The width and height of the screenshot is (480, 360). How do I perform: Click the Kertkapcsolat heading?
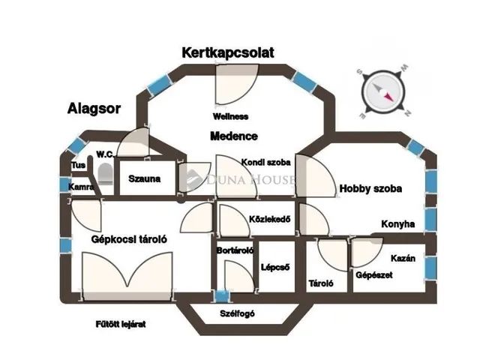(228, 52)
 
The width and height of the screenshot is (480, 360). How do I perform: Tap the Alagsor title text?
(93, 109)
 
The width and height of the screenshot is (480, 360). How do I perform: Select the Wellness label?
(230, 117)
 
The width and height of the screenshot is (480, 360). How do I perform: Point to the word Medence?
(233, 136)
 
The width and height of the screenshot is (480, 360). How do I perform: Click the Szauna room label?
(144, 180)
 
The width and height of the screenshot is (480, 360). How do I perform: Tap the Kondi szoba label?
(265, 161)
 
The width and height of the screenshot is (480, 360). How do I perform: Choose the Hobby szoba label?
(370, 189)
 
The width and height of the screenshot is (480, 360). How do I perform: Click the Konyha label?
(398, 223)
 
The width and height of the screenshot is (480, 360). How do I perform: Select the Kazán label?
(414, 259)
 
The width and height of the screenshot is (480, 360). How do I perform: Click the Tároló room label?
(321, 283)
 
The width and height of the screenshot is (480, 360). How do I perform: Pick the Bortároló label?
(235, 250)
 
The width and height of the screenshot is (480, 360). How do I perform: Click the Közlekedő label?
(268, 219)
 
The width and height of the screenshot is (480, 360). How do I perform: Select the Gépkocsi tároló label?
(128, 240)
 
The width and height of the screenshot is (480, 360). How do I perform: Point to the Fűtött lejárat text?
(120, 324)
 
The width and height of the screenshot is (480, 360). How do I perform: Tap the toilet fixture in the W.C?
(106, 174)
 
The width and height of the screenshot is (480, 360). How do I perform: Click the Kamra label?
(80, 187)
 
